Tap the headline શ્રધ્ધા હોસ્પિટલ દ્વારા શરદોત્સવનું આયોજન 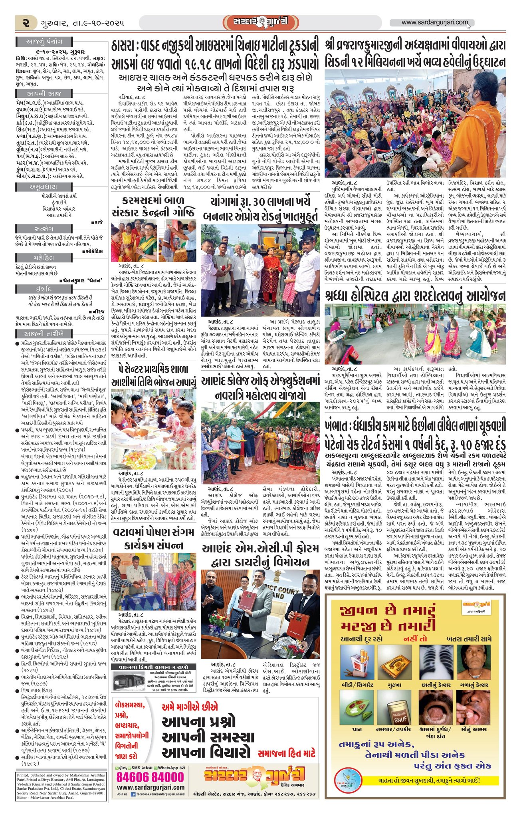tap(415, 296)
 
